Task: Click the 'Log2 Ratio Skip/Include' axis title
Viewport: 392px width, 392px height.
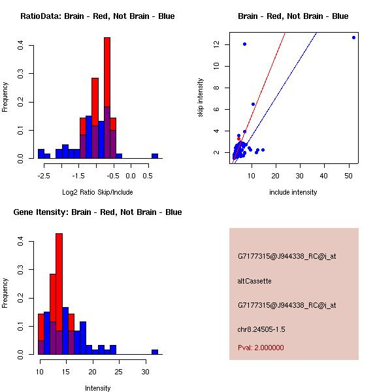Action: click(97, 192)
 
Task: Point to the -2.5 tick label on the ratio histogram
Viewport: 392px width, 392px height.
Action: click(44, 176)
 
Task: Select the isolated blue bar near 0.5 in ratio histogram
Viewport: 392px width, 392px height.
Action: click(155, 156)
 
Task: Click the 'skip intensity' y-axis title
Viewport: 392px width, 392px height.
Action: click(201, 98)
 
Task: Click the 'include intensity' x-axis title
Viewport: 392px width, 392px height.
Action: click(293, 192)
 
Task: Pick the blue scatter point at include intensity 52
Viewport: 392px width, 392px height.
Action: click(353, 37)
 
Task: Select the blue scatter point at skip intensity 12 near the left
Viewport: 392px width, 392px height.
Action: click(244, 44)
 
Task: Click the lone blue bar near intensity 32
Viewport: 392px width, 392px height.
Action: click(155, 351)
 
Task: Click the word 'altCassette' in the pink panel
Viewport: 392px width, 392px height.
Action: click(254, 281)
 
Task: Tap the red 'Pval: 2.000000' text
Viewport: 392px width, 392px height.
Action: click(261, 348)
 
